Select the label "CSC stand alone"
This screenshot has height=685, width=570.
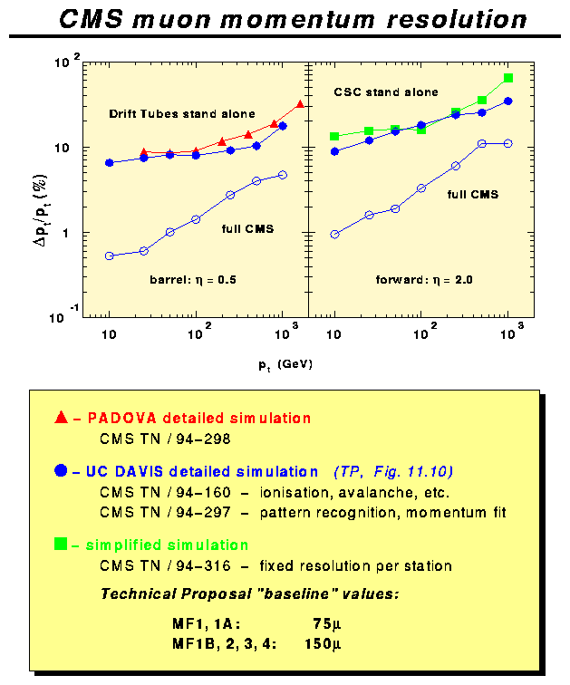click(x=385, y=92)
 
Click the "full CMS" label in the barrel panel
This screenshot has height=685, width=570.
click(x=247, y=229)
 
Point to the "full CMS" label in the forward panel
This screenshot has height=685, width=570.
click(x=473, y=194)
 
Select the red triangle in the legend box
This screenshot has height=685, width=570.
click(x=61, y=418)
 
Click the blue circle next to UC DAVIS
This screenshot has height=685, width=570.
click(x=61, y=471)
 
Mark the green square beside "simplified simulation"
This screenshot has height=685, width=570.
click(x=61, y=545)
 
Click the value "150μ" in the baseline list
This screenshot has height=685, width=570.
click(x=326, y=643)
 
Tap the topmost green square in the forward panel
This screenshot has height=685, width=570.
click(x=508, y=78)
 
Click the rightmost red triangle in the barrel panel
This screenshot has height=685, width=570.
click(x=301, y=104)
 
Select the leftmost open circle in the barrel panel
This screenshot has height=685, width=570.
click(x=110, y=256)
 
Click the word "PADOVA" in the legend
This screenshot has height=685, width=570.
click(x=117, y=419)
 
